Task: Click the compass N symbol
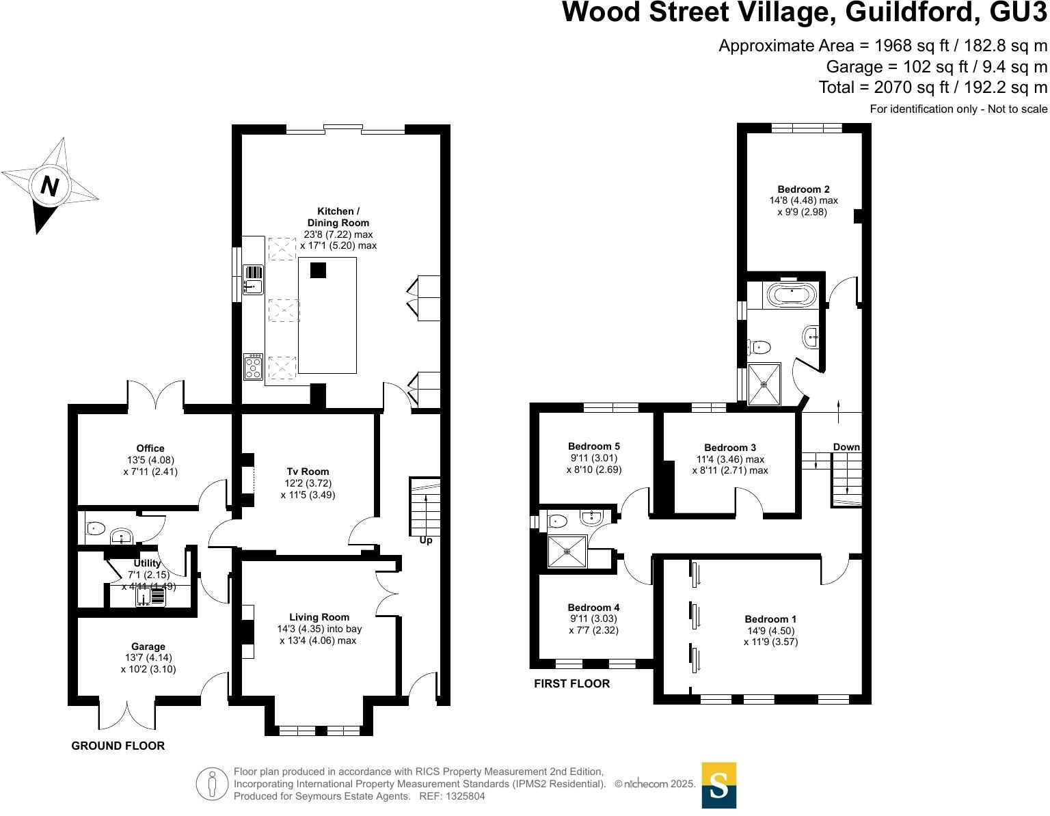(49, 185)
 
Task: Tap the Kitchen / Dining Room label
(338, 217)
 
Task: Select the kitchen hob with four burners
(253, 366)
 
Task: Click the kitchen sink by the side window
(252, 280)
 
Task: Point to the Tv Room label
(308, 472)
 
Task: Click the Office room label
(150, 448)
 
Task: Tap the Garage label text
(148, 647)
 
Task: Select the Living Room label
(319, 617)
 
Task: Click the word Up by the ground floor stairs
(426, 541)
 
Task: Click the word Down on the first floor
(846, 447)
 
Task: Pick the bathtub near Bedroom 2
(792, 295)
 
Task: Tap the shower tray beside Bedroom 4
(567, 552)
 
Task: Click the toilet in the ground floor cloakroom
(95, 528)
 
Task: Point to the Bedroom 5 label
(593, 446)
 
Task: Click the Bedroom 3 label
(730, 448)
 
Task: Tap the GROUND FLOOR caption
(118, 746)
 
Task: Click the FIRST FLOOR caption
(571, 683)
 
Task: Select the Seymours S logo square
(718, 785)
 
